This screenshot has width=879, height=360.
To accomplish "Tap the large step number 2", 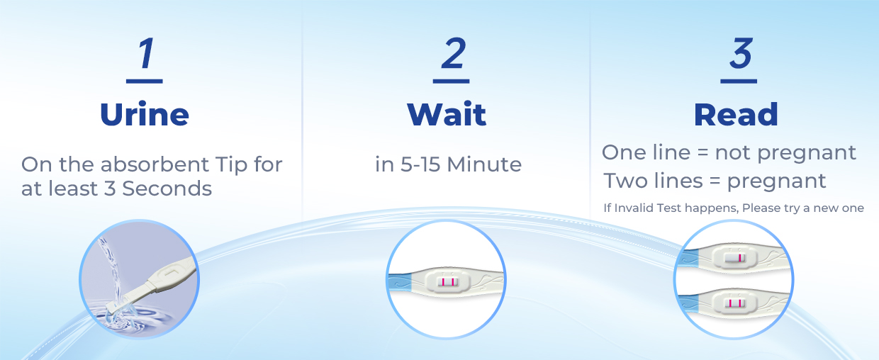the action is click(x=453, y=53).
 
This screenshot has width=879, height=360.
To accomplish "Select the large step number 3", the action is click(x=741, y=53).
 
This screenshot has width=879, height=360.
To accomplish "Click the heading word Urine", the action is click(x=145, y=114).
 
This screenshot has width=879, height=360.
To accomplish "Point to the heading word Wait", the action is click(x=447, y=114).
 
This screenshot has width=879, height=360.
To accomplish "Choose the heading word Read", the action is click(x=736, y=114).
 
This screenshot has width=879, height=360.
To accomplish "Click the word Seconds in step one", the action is click(x=167, y=189).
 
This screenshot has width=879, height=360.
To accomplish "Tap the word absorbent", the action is click(x=155, y=164).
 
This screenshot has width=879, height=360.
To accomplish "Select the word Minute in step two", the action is click(x=484, y=164).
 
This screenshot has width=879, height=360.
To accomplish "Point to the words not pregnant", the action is click(x=785, y=153).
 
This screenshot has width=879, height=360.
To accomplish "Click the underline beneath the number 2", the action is click(x=451, y=81).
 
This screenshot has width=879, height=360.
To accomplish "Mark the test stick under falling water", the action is click(x=151, y=285).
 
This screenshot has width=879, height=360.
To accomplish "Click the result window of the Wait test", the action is click(x=447, y=282).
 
